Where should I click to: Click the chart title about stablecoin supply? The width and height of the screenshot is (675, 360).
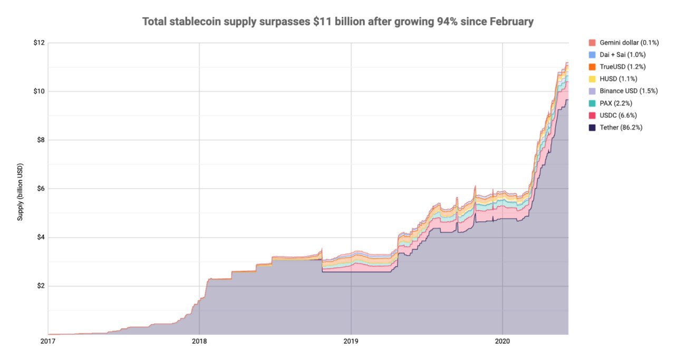(x=337, y=22)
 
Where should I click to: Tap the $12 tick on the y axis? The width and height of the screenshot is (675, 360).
(x=38, y=43)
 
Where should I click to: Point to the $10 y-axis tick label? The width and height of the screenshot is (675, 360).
(x=38, y=91)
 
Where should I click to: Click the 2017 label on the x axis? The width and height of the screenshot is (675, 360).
(x=47, y=341)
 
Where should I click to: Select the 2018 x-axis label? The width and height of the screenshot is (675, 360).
(x=199, y=341)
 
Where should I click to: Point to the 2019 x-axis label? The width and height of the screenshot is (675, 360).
(x=351, y=341)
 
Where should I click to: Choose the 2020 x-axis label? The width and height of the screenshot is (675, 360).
(x=503, y=341)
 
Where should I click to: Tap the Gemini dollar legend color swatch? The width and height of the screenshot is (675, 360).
(x=592, y=43)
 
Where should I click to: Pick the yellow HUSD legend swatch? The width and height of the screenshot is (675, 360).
(x=592, y=79)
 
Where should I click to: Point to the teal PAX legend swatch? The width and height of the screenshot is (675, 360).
(x=592, y=103)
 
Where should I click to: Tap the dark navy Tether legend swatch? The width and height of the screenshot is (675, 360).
(x=592, y=128)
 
